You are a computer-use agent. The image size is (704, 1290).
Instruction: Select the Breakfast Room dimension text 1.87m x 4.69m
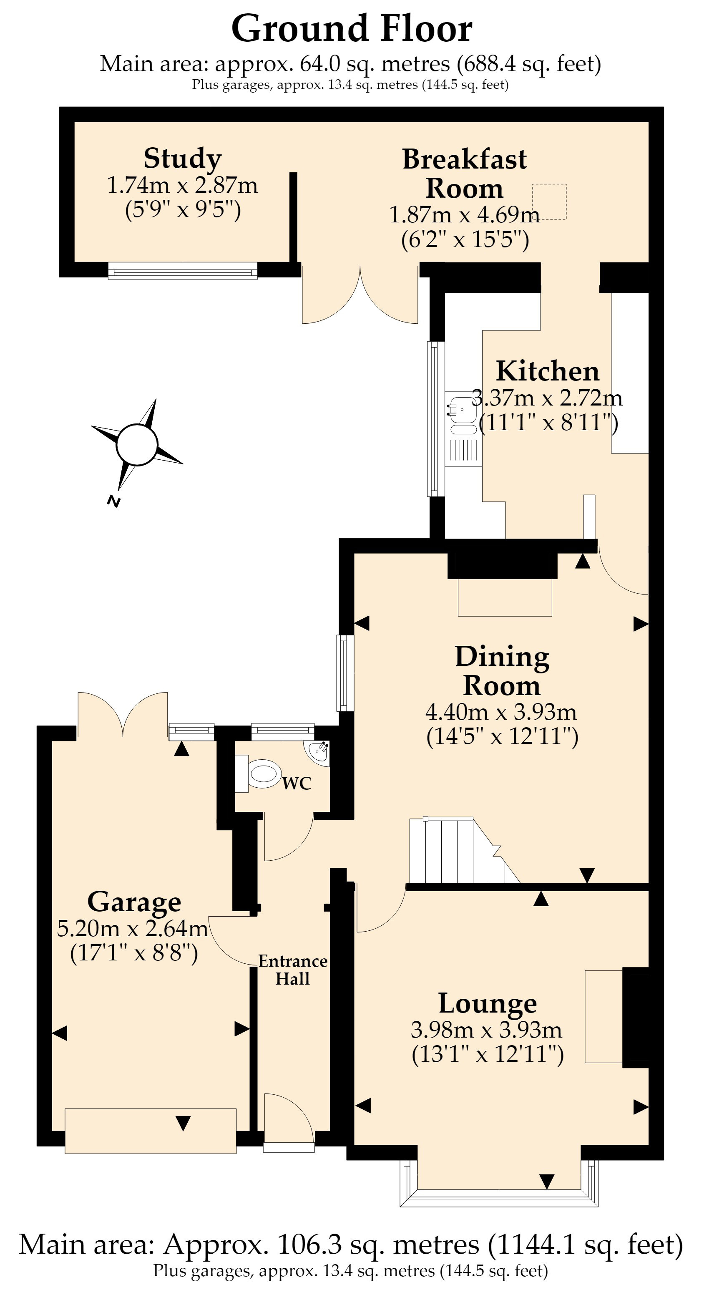[465, 215]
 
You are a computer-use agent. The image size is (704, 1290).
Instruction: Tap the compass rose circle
[137, 445]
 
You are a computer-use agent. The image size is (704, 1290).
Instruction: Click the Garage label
[134, 902]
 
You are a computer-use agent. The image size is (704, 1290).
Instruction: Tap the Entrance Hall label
[293, 970]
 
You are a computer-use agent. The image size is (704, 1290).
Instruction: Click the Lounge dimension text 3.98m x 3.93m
[487, 1030]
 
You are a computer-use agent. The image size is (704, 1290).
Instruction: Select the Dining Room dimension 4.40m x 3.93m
[501, 711]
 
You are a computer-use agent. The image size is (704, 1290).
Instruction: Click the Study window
[183, 271]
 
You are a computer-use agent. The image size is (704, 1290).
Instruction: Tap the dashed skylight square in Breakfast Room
[549, 202]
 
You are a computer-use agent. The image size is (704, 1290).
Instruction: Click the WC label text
[297, 783]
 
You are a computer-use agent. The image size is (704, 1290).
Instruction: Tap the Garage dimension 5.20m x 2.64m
[133, 929]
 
